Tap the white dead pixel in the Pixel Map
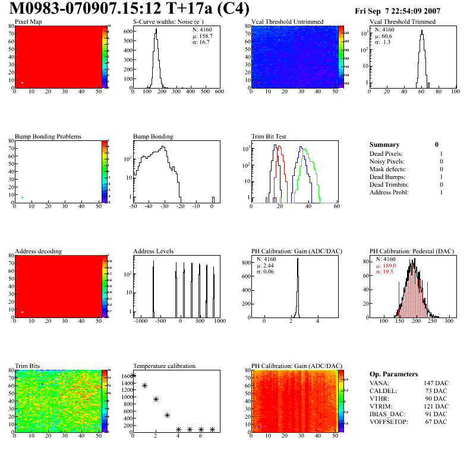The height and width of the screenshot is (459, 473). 22,83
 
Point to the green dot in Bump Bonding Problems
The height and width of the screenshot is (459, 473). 22,197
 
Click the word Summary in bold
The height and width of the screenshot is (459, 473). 384,144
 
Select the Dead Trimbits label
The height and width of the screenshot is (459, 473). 389,184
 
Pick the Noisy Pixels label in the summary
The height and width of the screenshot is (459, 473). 386,161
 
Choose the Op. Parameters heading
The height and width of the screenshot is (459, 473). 393,374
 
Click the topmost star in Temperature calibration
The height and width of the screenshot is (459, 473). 134,376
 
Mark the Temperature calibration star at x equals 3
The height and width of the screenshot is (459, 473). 167,415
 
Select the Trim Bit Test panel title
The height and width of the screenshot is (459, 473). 269,137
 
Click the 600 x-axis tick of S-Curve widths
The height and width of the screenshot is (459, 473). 219,92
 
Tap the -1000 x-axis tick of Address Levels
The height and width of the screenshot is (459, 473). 141,322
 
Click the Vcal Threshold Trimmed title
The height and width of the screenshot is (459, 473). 402,22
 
